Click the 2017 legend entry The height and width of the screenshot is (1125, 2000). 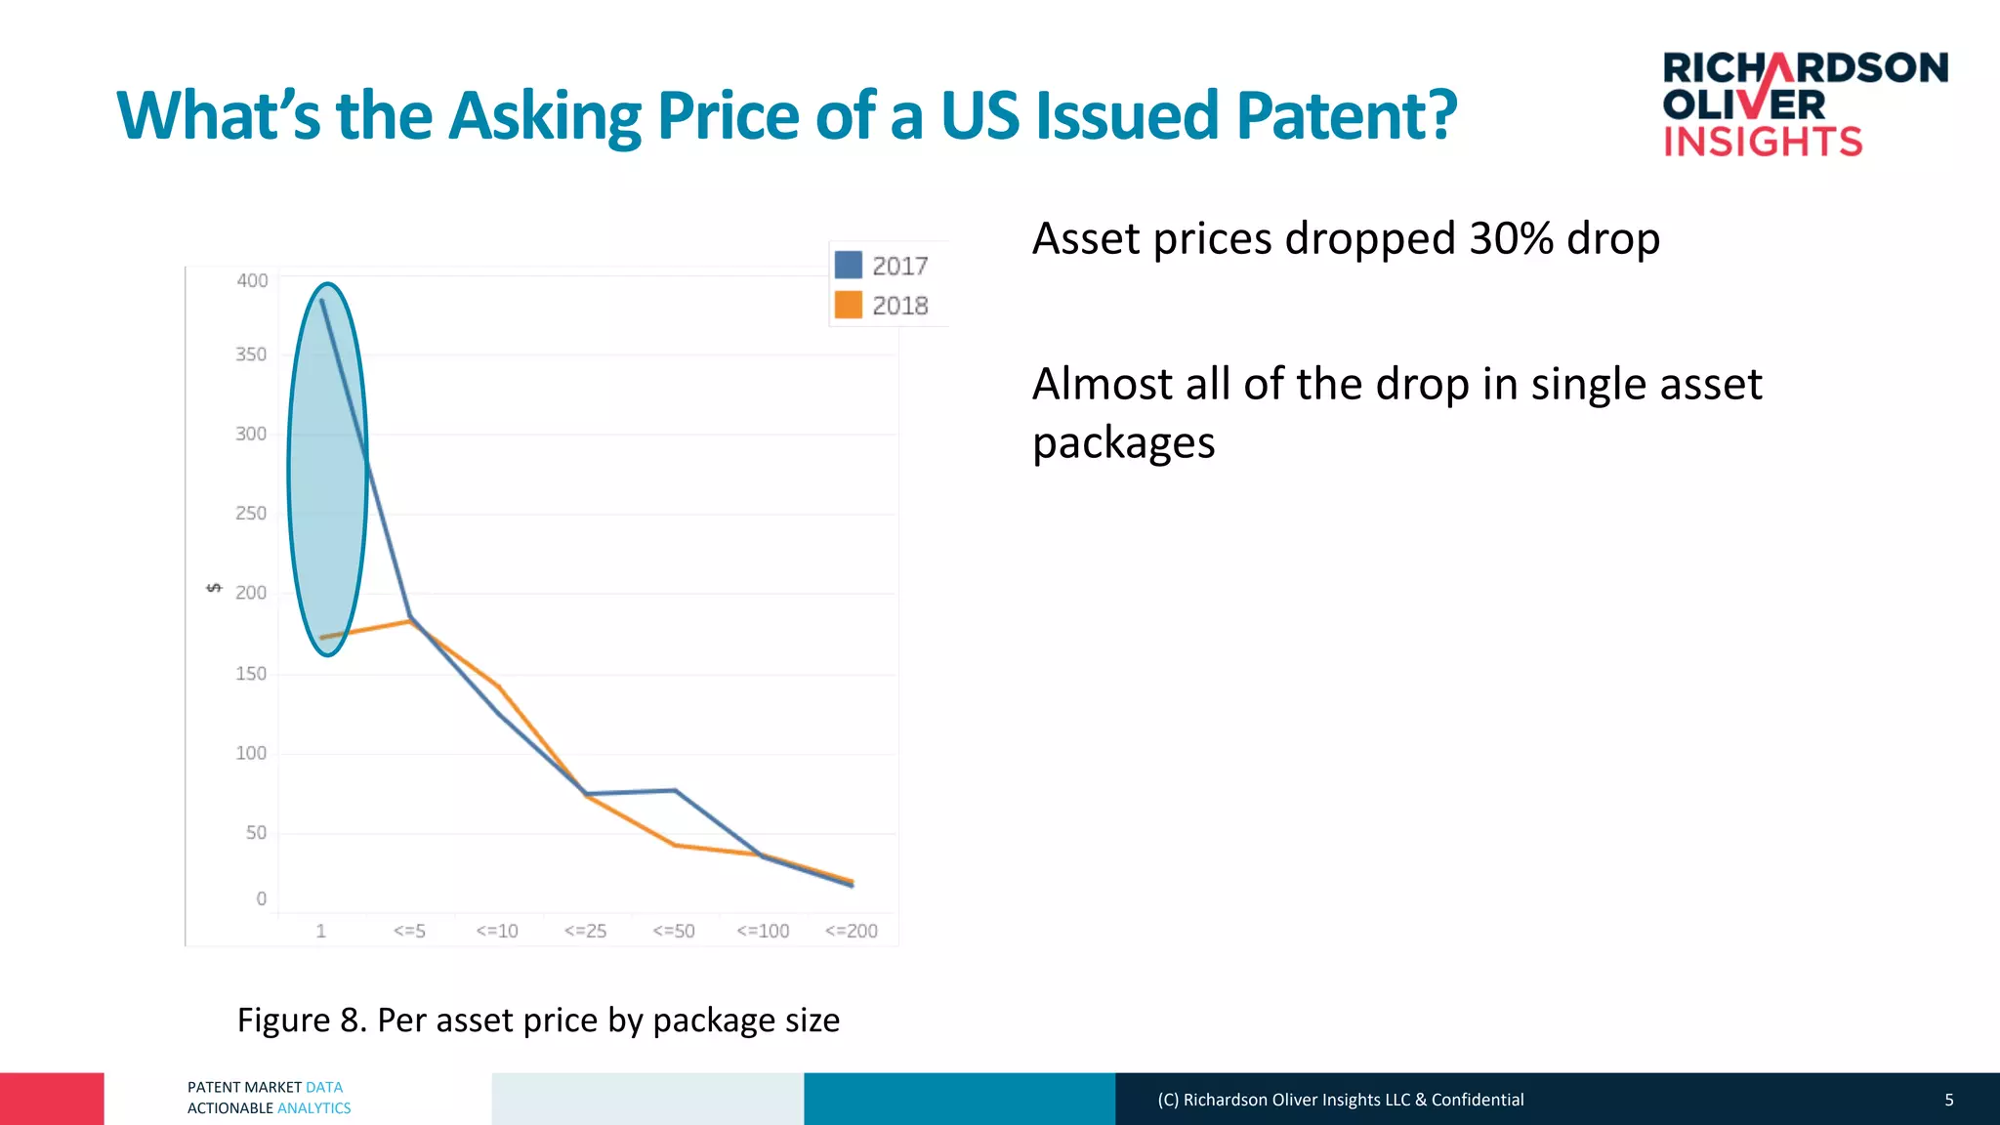click(x=883, y=266)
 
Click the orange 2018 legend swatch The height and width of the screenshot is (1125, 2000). click(x=848, y=305)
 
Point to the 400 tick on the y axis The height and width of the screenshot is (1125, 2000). click(x=252, y=280)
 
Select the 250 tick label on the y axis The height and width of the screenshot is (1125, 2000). click(x=251, y=513)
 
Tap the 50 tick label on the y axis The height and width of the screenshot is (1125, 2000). click(x=256, y=832)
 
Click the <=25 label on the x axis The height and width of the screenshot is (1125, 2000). click(x=585, y=931)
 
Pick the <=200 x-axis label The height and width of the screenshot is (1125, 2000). click(x=851, y=931)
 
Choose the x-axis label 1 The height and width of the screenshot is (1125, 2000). click(x=320, y=931)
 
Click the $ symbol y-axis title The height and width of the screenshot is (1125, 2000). click(x=214, y=588)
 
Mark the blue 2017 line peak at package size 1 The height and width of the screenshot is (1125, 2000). click(x=322, y=301)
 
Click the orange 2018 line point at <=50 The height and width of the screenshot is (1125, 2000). click(x=675, y=845)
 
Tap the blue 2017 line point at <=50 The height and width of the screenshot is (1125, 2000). click(x=675, y=790)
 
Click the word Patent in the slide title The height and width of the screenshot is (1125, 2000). click(x=1346, y=115)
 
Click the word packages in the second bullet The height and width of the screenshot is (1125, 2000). click(x=1123, y=442)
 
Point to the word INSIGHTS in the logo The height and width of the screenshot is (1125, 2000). click(x=1763, y=142)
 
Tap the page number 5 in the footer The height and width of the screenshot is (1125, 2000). click(x=1948, y=1100)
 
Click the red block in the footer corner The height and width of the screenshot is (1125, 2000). click(x=52, y=1099)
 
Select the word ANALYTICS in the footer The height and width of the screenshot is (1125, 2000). click(x=313, y=1108)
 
